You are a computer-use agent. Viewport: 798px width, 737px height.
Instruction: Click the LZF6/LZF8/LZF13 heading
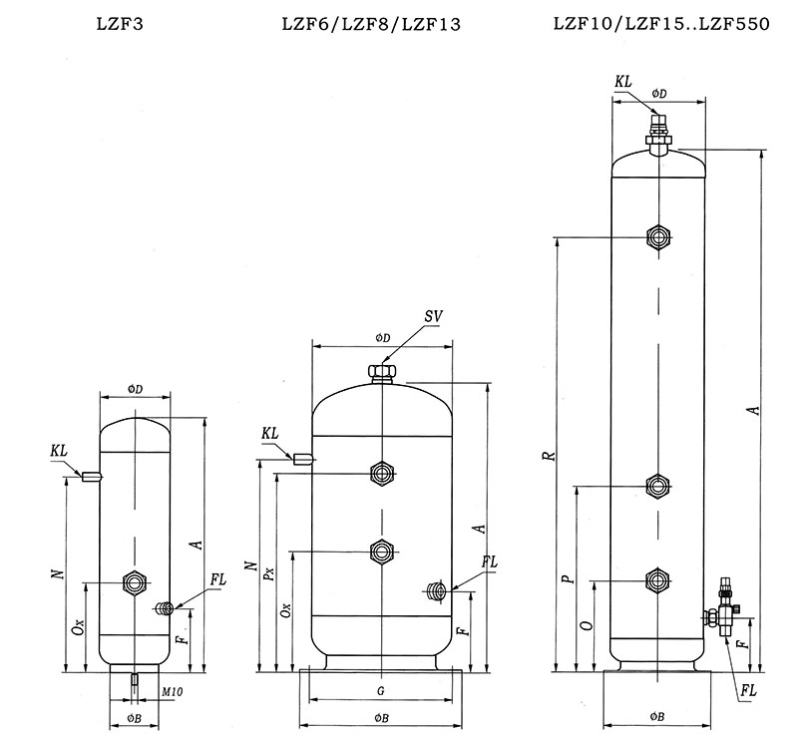(371, 24)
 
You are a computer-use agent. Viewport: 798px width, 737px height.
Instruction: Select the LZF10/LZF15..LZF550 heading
(660, 24)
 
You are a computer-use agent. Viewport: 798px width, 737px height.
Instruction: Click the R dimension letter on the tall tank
(547, 456)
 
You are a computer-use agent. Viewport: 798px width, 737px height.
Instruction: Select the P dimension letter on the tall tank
(565, 578)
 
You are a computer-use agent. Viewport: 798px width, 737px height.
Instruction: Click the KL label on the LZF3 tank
(59, 452)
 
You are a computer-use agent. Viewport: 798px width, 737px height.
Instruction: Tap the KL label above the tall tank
(623, 80)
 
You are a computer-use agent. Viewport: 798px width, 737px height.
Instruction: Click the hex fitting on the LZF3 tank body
(133, 581)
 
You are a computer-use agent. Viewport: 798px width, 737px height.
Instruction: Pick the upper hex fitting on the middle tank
(381, 472)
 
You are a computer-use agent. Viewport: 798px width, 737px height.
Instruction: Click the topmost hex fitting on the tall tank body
(656, 237)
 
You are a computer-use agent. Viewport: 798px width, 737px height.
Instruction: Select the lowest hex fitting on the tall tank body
(656, 580)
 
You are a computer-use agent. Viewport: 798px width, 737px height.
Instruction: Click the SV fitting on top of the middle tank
(381, 375)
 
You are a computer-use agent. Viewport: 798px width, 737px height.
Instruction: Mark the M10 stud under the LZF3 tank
(133, 679)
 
